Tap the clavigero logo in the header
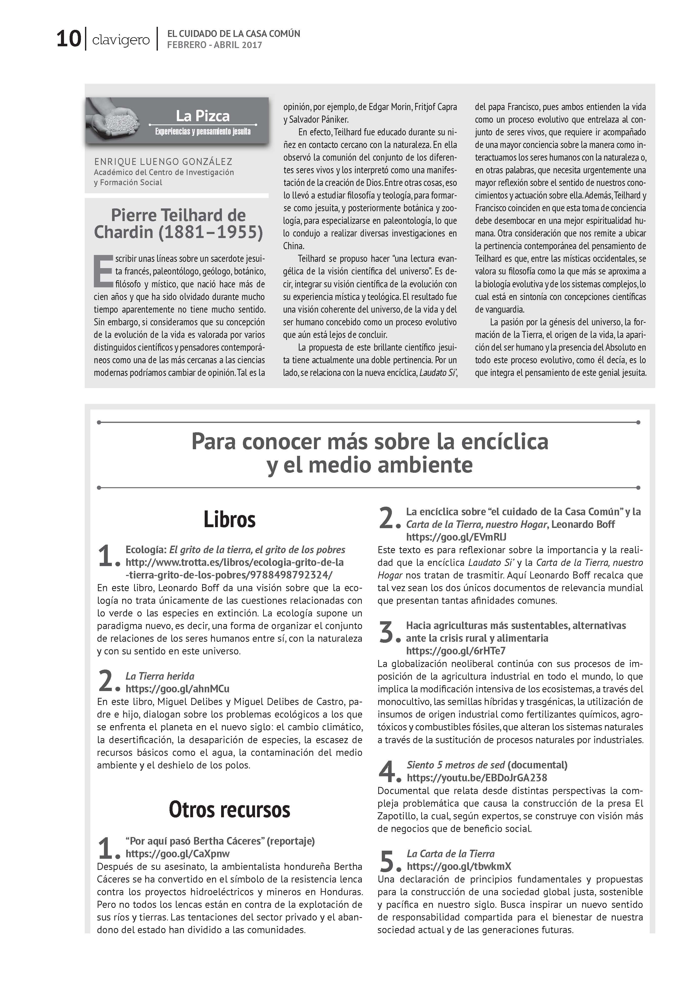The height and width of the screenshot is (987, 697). tap(121, 40)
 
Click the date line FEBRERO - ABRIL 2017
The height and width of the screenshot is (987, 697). tap(214, 45)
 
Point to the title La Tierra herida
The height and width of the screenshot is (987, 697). tap(160, 676)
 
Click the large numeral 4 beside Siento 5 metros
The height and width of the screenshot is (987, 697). tap(387, 772)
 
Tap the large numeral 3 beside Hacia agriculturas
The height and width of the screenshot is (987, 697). tap(387, 632)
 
